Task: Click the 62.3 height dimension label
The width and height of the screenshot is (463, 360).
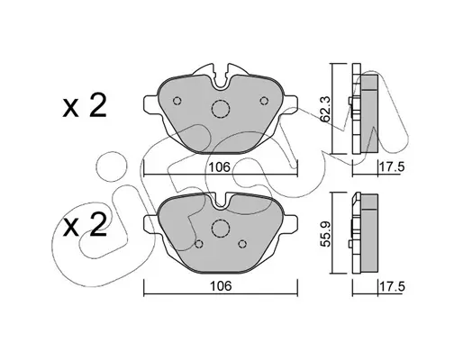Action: [x=325, y=109]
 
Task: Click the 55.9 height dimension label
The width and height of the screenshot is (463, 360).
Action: [x=325, y=234]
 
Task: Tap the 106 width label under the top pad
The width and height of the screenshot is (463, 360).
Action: [x=220, y=167]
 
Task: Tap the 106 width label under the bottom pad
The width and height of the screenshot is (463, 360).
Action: [x=221, y=286]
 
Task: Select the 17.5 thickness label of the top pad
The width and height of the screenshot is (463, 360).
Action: [x=393, y=166]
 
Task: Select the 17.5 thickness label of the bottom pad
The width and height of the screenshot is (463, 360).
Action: [x=393, y=286]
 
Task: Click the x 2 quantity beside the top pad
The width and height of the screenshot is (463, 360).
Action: [x=85, y=106]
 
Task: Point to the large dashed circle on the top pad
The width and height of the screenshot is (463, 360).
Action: [x=221, y=109]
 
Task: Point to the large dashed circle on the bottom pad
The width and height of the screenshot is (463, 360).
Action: [x=221, y=228]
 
